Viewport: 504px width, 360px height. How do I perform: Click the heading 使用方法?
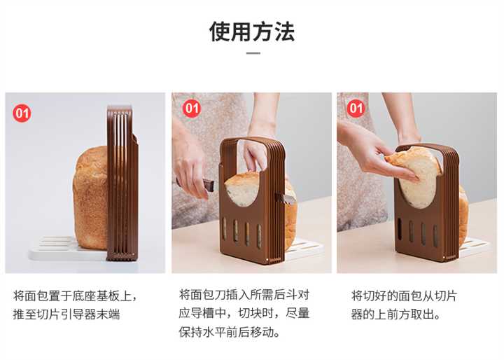[252, 32]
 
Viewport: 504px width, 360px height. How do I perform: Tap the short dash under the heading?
[253, 53]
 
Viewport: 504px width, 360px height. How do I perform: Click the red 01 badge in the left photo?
[22, 113]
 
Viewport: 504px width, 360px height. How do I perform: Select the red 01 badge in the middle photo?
[192, 108]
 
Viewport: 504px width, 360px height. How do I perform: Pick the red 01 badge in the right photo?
[356, 108]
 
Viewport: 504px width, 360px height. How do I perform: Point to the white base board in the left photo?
[64, 249]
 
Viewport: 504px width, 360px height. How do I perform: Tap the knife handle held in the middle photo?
[207, 186]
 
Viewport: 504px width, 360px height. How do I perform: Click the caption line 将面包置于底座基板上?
[75, 296]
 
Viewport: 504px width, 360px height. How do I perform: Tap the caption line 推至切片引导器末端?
[66, 314]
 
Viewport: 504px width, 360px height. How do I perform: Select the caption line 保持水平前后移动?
[229, 332]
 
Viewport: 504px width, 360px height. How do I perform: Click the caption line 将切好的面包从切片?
[404, 296]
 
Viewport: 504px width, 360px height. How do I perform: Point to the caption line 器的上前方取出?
[395, 314]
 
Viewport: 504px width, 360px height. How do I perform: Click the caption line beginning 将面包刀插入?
[244, 294]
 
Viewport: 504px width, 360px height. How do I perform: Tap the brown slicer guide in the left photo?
[122, 184]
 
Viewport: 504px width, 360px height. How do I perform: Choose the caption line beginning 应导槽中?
[244, 313]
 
